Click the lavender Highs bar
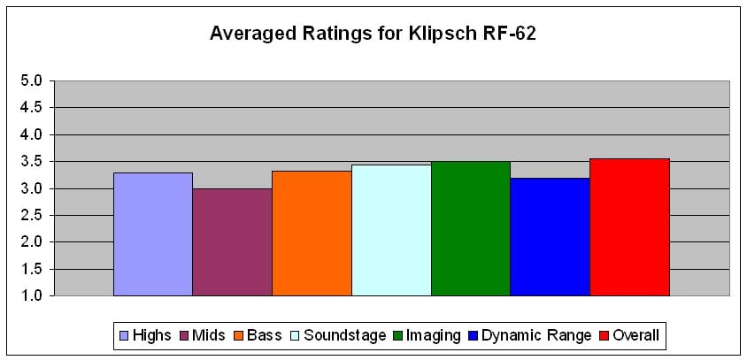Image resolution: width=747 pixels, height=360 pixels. click(153, 234)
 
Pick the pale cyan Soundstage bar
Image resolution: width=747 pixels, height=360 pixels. click(391, 230)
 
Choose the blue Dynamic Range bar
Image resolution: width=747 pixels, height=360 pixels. click(550, 236)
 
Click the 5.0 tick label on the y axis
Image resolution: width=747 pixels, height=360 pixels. click(31, 81)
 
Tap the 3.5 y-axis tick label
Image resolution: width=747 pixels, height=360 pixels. click(31, 162)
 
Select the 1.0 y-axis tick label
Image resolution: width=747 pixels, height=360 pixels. click(31, 295)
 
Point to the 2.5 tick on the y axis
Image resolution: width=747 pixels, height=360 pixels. click(31, 215)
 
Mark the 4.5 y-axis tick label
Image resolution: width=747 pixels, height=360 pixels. click(31, 108)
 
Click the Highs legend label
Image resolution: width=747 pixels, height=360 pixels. click(151, 335)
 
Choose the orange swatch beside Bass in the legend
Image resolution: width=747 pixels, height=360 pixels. click(239, 335)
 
